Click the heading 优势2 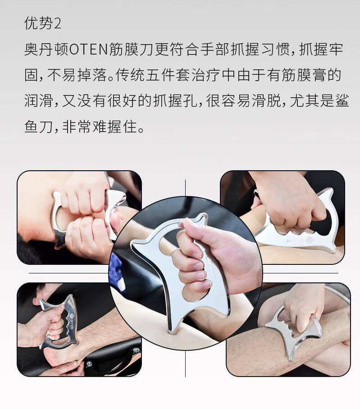[x=42, y=23]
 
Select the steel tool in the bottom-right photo [x=291, y=331]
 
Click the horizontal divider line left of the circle [x=68, y=273]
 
